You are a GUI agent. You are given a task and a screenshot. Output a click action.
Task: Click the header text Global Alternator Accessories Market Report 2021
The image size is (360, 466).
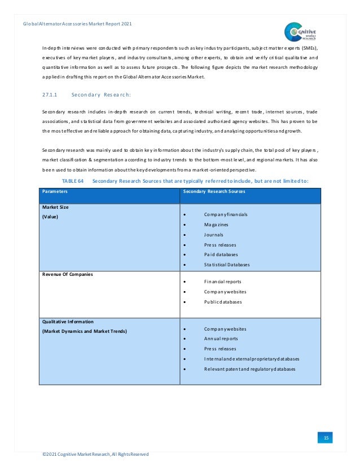click(78, 23)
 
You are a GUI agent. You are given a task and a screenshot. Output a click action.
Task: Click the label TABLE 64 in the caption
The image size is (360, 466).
click(72, 181)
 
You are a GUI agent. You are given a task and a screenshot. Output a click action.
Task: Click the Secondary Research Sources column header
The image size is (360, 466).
click(214, 191)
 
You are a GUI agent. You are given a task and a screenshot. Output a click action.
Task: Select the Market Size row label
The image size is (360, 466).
click(55, 207)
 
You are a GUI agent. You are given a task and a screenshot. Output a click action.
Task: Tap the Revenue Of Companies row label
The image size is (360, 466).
click(68, 274)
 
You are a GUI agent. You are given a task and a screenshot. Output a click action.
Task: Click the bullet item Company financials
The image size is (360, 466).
click(226, 215)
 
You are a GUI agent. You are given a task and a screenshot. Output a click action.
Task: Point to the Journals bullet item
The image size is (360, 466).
click(214, 235)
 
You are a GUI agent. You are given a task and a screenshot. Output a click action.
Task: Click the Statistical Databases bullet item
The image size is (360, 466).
click(227, 264)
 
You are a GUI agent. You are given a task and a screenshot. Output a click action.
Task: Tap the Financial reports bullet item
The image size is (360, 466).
click(223, 281)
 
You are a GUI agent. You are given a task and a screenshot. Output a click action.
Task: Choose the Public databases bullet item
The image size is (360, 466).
click(223, 301)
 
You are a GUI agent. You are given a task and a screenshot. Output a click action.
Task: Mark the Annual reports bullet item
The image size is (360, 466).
click(221, 338)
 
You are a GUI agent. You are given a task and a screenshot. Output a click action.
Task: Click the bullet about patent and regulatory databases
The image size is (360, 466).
click(251, 369)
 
